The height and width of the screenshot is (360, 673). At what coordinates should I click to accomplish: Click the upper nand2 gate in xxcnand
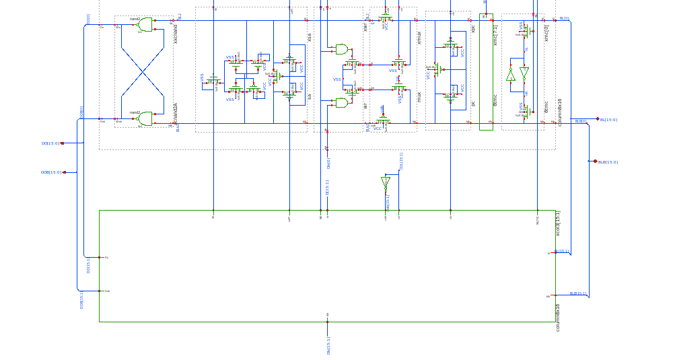click(x=144, y=25)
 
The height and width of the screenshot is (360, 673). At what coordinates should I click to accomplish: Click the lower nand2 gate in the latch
click(x=144, y=118)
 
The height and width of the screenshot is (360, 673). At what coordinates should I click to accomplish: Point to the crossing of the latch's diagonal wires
click(x=142, y=71)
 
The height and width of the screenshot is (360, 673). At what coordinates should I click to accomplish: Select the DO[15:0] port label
click(x=50, y=143)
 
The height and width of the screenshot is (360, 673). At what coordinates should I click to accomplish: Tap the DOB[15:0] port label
click(x=51, y=172)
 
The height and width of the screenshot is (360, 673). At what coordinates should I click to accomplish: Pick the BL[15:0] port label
click(x=608, y=120)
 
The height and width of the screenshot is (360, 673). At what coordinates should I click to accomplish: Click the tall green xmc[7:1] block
click(x=486, y=71)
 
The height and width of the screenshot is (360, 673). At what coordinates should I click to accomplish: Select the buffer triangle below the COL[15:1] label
click(x=386, y=182)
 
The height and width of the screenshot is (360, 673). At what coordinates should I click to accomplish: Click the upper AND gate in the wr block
click(x=342, y=49)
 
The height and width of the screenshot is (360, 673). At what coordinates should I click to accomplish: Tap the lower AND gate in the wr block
click(x=342, y=103)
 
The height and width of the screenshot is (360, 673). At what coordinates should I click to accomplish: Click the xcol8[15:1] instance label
click(x=558, y=223)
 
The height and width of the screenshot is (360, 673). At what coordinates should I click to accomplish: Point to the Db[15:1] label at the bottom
click(x=329, y=345)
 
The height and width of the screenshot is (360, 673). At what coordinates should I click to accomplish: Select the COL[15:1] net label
click(x=400, y=161)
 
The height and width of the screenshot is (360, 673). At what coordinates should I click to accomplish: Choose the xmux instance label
click(x=419, y=38)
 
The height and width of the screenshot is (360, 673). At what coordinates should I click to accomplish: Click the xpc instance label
click(x=473, y=29)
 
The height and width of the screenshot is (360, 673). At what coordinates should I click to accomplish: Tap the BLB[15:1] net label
click(x=578, y=293)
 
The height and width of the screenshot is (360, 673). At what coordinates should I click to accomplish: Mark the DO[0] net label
click(x=88, y=20)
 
